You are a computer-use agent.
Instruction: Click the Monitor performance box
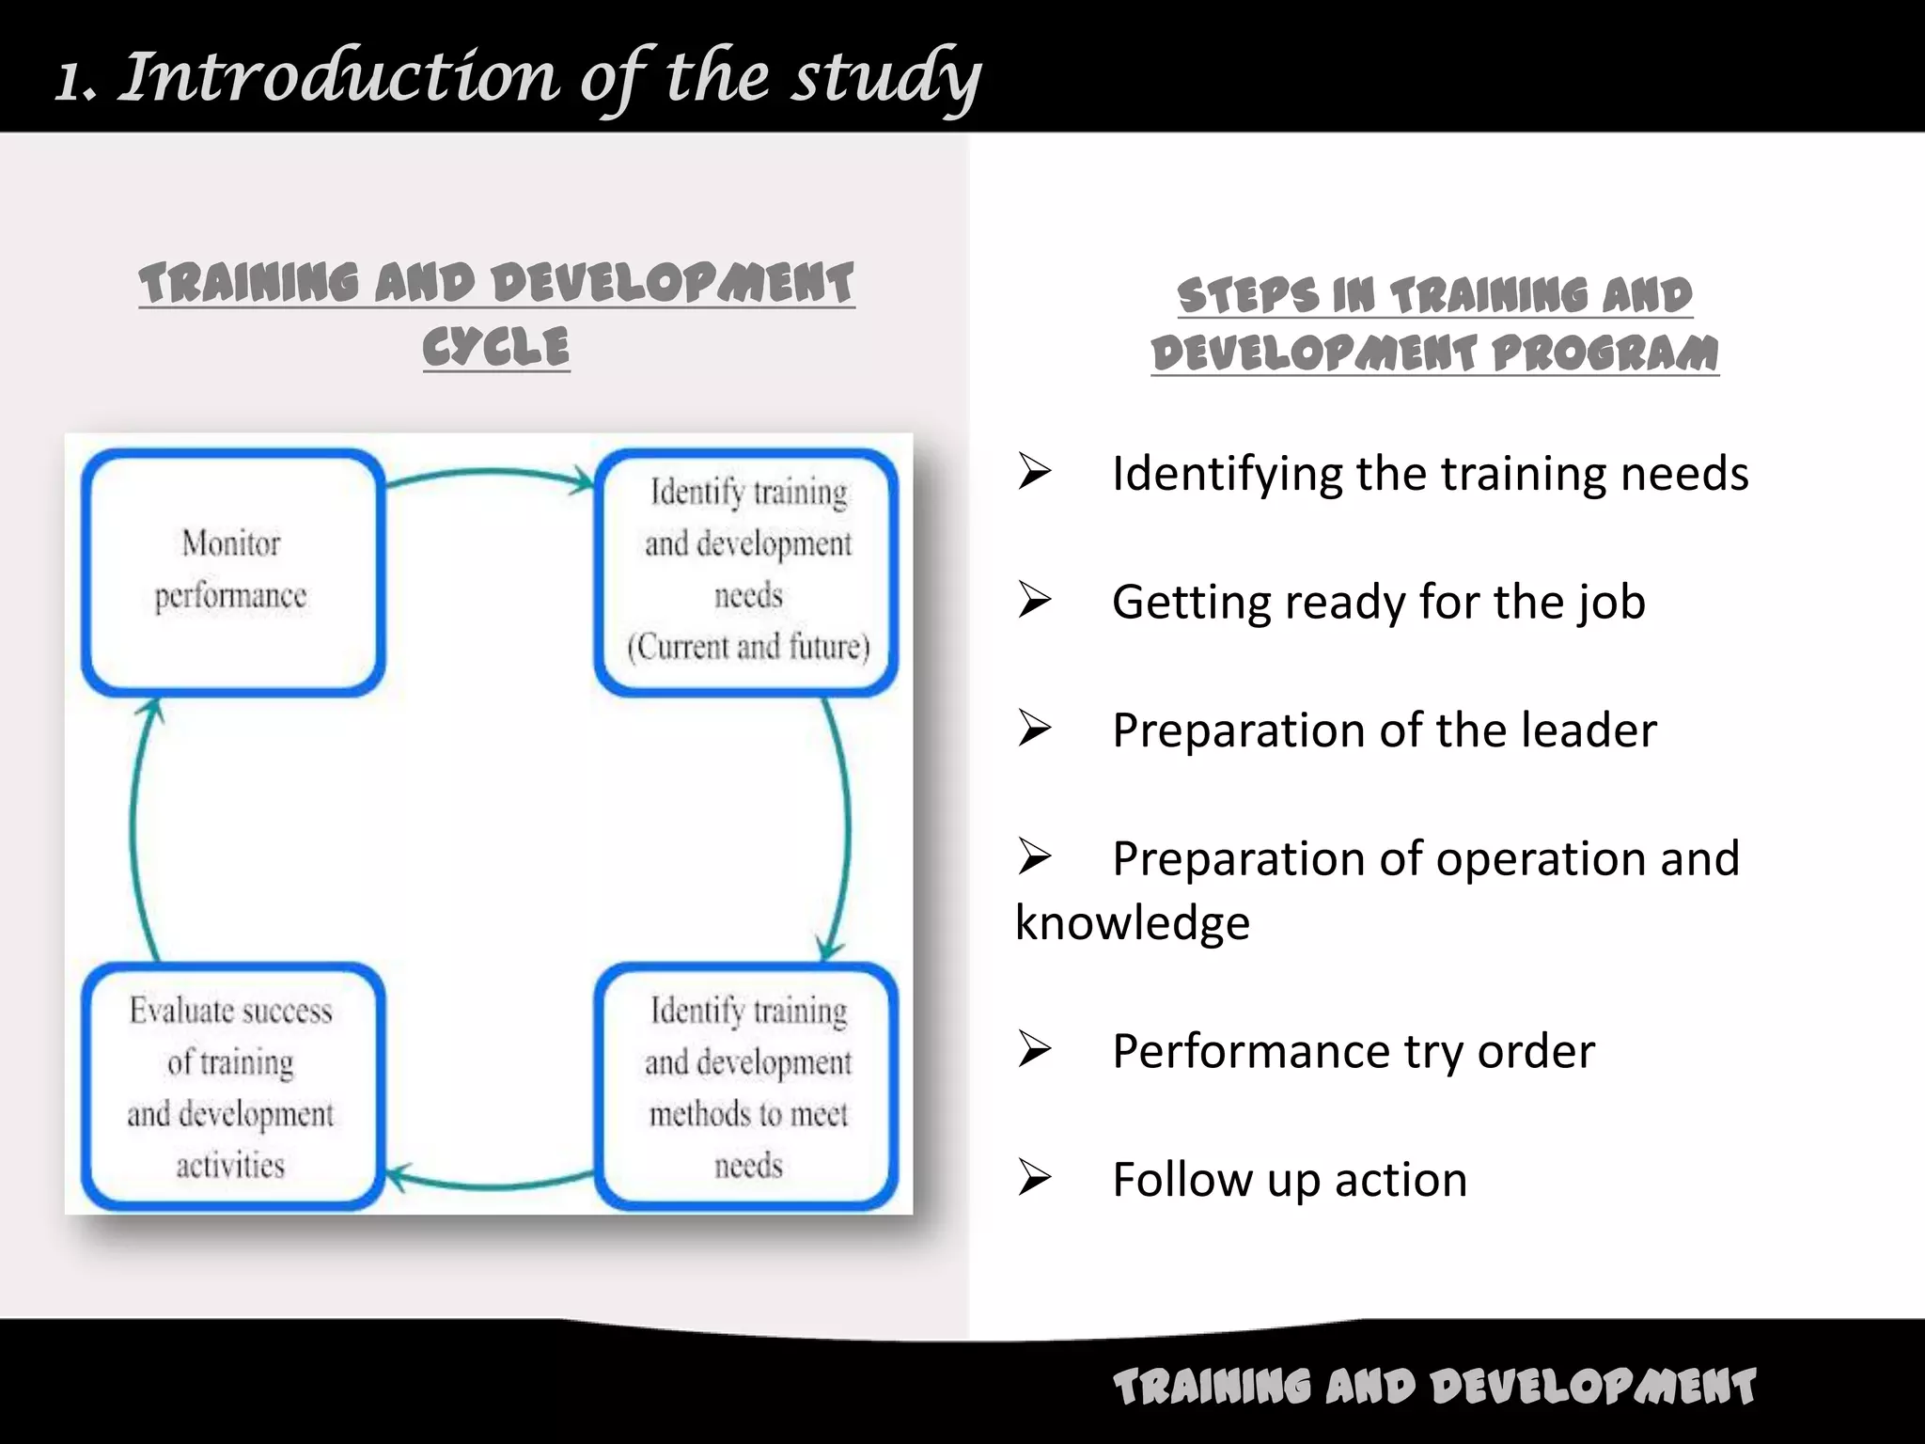233,572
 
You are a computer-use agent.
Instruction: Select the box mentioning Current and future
747,572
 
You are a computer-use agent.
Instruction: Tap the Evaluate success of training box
233,1087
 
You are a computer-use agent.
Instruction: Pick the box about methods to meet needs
747,1087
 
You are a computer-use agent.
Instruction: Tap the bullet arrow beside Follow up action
1034,1179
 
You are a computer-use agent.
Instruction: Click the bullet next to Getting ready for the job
1034,602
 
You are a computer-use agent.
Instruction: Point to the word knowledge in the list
1133,923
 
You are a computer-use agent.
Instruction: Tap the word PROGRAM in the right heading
1605,353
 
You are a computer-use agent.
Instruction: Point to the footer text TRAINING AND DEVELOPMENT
1434,1387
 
